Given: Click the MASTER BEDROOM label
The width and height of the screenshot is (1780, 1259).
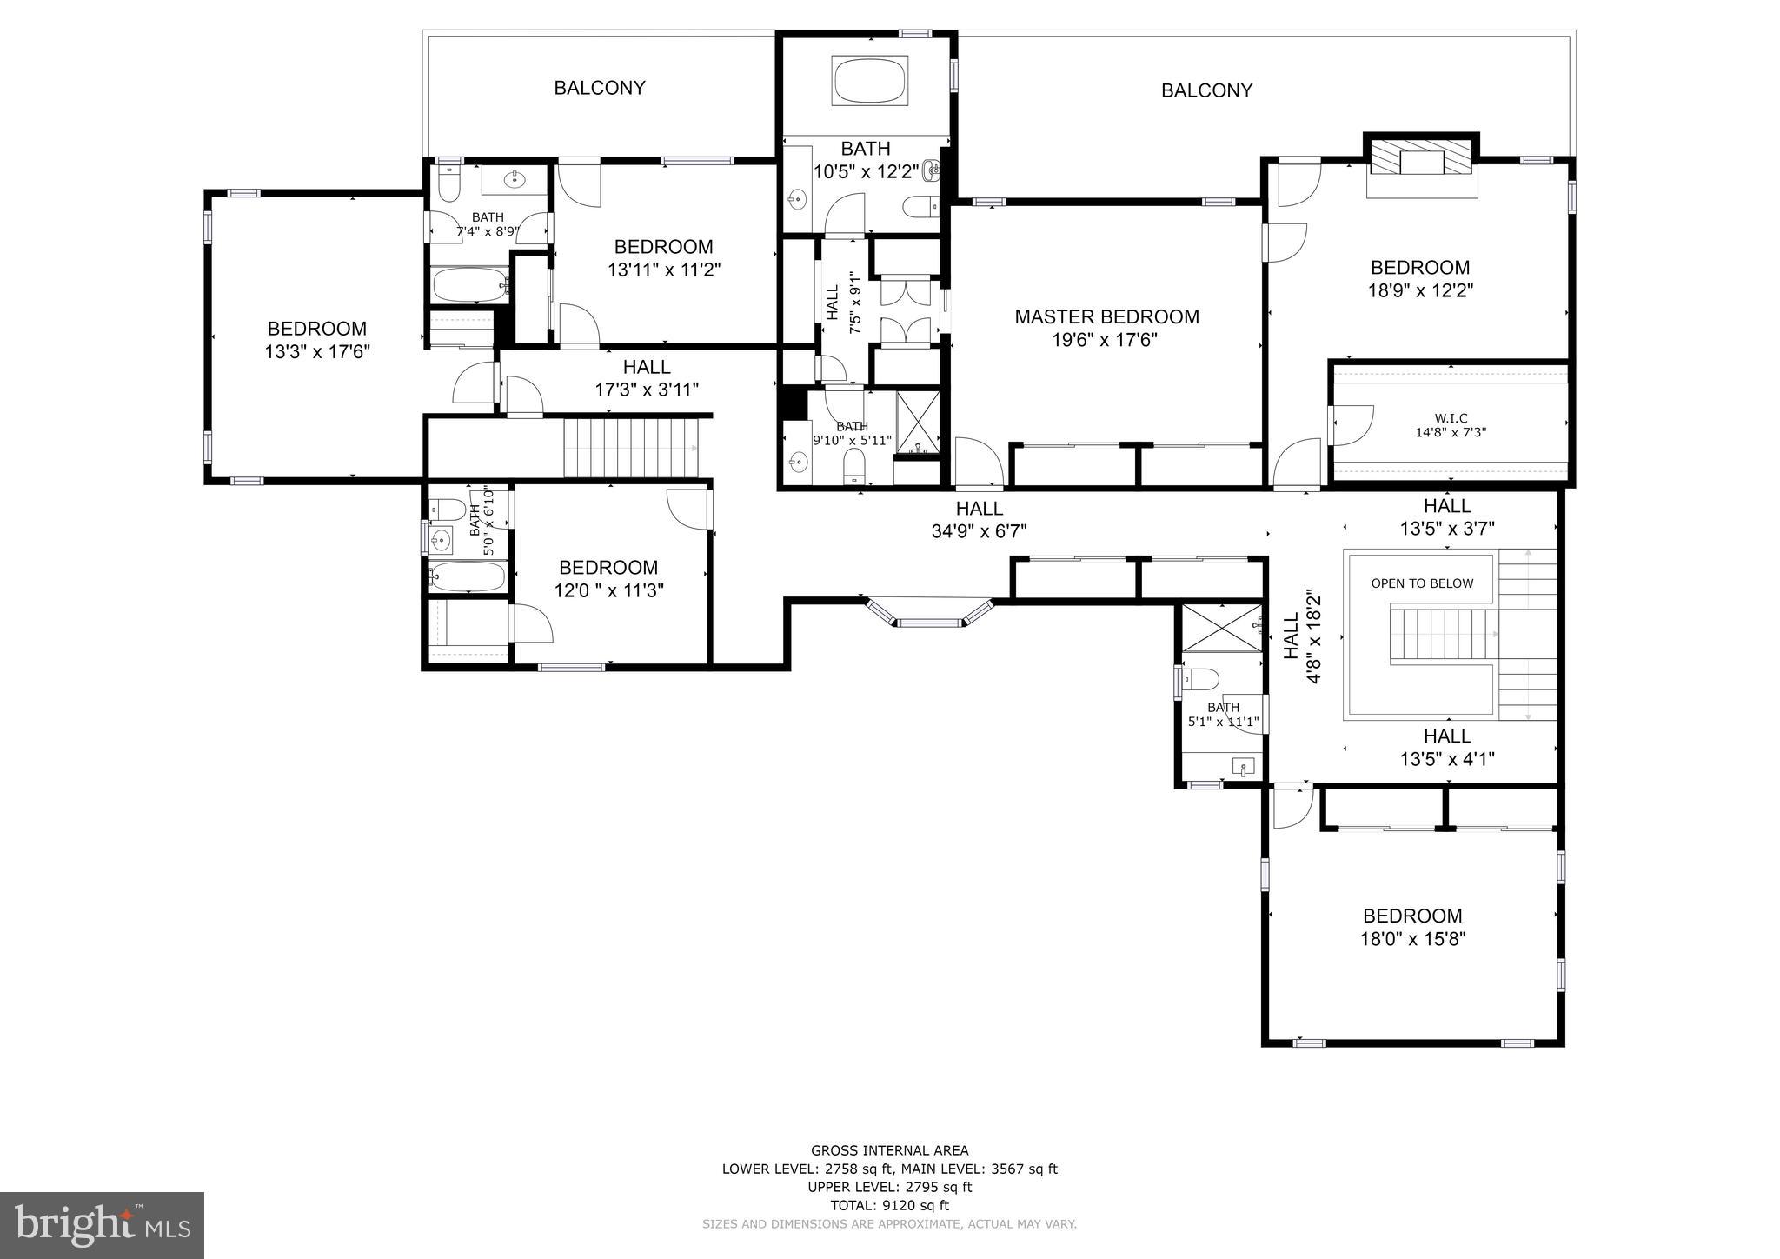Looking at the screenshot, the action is pyautogui.click(x=1106, y=317).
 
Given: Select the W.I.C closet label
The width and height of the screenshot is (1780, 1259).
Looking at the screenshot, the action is pyautogui.click(x=1451, y=418).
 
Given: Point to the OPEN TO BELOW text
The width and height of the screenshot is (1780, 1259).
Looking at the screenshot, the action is pyautogui.click(x=1422, y=583).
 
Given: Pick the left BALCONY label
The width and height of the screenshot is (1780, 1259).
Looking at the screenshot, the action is pyautogui.click(x=600, y=88).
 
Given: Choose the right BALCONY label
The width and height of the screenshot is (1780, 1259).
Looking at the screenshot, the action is pyautogui.click(x=1206, y=90).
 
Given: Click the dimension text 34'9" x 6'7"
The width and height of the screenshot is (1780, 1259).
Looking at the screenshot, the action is pyautogui.click(x=980, y=531).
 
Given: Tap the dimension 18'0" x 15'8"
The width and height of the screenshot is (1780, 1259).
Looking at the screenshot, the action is pyautogui.click(x=1412, y=939).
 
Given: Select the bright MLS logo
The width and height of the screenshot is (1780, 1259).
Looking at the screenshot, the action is pyautogui.click(x=103, y=1225).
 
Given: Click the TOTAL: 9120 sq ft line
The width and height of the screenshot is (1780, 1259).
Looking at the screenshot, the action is pyautogui.click(x=889, y=1205).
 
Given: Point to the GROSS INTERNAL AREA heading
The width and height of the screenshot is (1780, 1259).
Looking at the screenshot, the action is pyautogui.click(x=889, y=1150).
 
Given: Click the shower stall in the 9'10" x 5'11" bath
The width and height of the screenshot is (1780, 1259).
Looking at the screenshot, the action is pyautogui.click(x=918, y=423).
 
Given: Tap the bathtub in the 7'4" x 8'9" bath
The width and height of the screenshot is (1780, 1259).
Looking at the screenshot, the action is pyautogui.click(x=470, y=284).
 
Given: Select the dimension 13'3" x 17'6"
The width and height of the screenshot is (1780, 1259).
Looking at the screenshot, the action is pyautogui.click(x=317, y=352).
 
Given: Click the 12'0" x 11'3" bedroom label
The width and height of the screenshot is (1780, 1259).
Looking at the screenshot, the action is pyautogui.click(x=608, y=579).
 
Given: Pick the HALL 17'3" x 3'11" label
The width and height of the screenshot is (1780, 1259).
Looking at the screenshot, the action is pyautogui.click(x=647, y=378).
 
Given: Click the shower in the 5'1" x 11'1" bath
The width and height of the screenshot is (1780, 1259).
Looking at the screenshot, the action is pyautogui.click(x=1220, y=627).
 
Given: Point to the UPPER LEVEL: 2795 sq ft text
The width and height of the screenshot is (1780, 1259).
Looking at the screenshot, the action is pyautogui.click(x=889, y=1187).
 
